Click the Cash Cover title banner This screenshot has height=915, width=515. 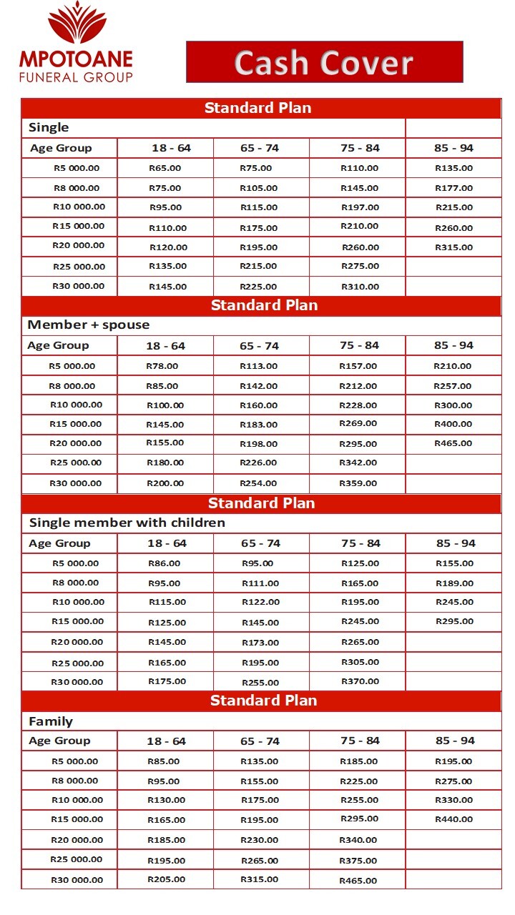click(324, 62)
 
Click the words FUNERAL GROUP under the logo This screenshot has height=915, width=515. click(76, 76)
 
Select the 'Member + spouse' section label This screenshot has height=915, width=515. click(89, 325)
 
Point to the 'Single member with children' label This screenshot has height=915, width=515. click(127, 523)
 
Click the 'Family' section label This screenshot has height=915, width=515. click(51, 721)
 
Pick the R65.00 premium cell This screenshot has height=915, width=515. click(165, 168)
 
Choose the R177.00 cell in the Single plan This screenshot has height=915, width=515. click(453, 188)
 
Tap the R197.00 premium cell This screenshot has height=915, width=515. click(360, 207)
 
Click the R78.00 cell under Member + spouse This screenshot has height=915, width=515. click(162, 366)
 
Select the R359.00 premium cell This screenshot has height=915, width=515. click(358, 483)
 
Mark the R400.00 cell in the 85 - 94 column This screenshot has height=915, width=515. click(453, 424)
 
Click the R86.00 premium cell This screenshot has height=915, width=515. click(165, 563)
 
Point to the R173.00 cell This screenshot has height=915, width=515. click(260, 643)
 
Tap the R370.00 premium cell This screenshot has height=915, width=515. click(360, 681)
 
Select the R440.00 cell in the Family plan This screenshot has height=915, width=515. click(453, 819)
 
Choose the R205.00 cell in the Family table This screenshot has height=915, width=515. click(166, 879)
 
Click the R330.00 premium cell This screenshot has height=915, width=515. click(453, 800)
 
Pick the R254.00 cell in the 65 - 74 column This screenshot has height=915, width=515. click(258, 483)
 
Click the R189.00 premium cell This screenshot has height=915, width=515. click(454, 583)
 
